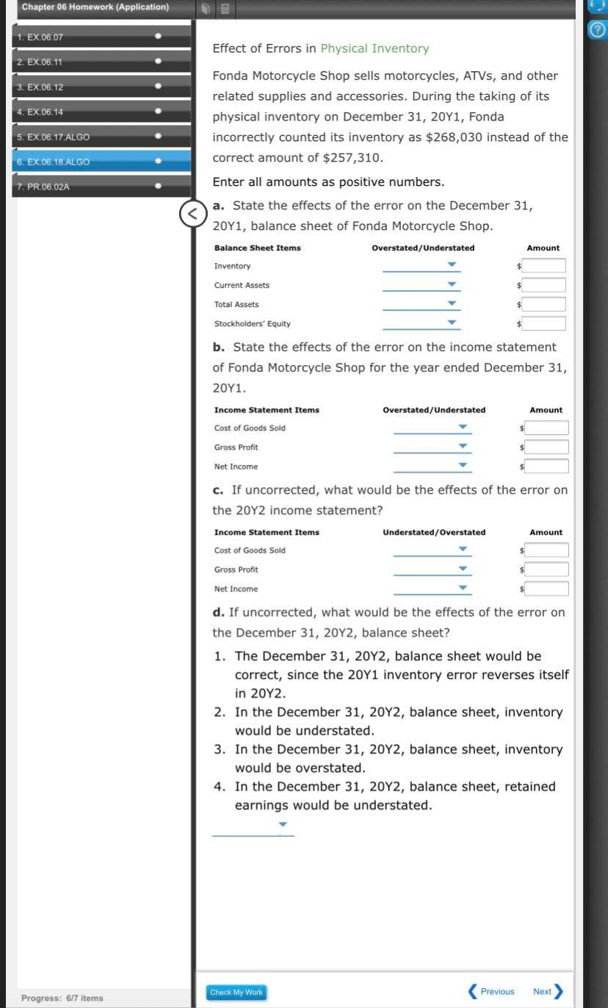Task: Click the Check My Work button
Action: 236,992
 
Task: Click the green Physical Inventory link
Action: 374,48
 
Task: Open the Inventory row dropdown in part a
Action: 421,265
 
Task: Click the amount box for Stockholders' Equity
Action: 544,323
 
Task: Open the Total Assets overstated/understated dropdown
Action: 421,304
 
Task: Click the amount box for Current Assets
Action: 544,285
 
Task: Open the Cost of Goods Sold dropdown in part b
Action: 432,428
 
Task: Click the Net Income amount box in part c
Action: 546,588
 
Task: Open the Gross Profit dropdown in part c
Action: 432,569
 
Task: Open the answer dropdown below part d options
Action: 253,826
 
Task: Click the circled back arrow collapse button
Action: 192,214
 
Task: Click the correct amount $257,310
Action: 352,158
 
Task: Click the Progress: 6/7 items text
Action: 62,998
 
